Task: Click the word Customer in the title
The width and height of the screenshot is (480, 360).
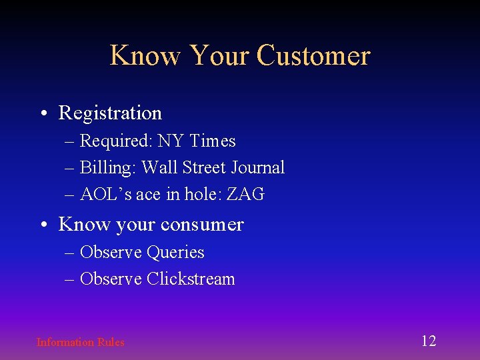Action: click(x=313, y=55)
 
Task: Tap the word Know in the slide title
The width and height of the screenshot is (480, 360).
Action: click(x=145, y=55)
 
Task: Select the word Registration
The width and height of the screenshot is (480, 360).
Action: click(x=110, y=113)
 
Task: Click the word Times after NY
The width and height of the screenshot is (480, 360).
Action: click(x=213, y=141)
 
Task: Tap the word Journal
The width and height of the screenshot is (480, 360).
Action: click(x=256, y=168)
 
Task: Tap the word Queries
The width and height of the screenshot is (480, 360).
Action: click(x=175, y=253)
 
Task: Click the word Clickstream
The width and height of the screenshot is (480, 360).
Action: click(x=191, y=279)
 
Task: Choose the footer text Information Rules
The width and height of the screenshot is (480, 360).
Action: click(x=80, y=342)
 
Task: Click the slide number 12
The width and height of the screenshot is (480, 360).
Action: click(x=428, y=341)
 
